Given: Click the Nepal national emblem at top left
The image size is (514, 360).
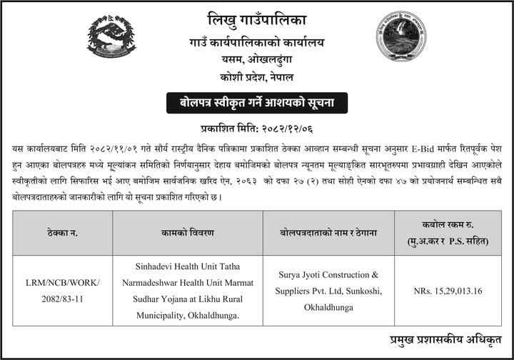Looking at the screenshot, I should (x=111, y=36).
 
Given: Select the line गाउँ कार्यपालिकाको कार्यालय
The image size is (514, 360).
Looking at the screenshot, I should (x=257, y=42).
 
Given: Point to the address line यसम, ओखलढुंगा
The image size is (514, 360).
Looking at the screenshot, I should (x=257, y=59).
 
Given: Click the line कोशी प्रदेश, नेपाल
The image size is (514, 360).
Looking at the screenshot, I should (x=257, y=76).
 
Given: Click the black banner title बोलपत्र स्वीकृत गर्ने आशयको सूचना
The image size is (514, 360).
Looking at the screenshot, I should (x=257, y=103).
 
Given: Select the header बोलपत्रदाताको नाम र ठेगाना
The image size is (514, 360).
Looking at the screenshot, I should (x=328, y=233).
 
